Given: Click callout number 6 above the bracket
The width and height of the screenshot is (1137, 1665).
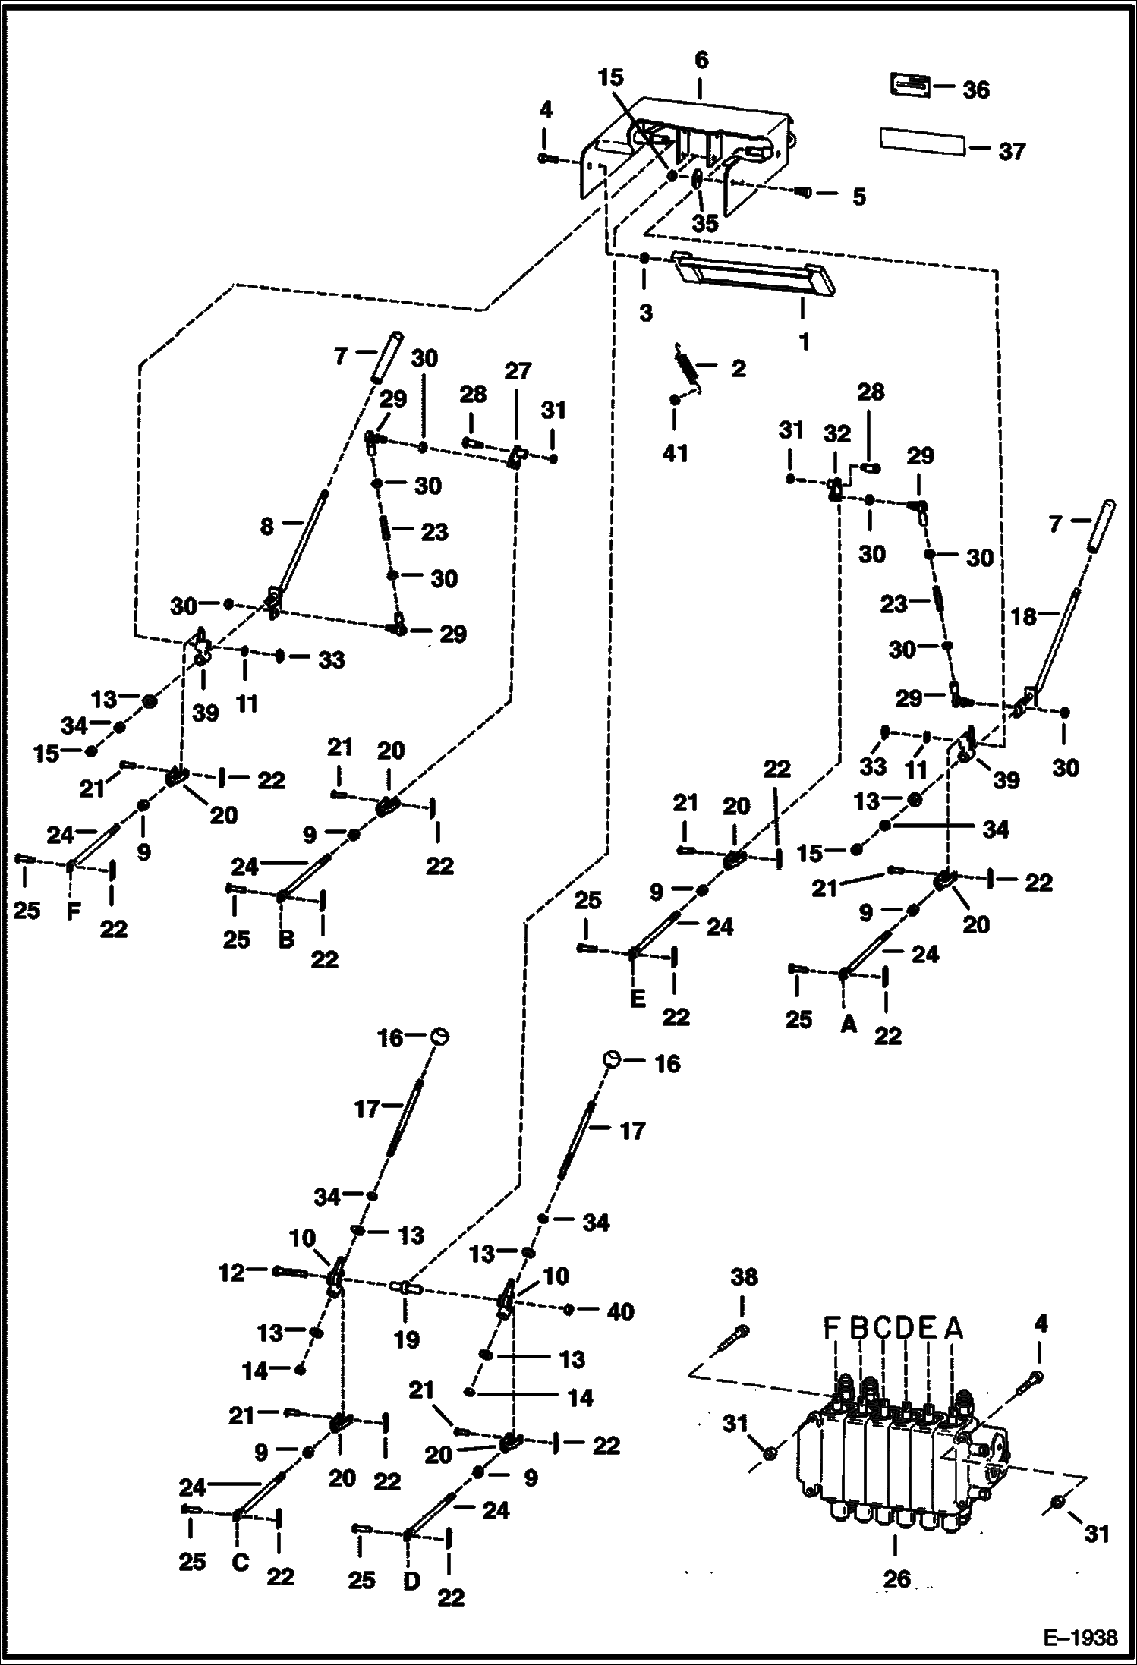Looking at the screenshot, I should pos(701,60).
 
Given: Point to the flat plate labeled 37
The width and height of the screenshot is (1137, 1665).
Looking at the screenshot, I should pos(922,141).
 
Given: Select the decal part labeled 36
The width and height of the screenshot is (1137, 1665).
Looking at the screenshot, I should pos(910,85).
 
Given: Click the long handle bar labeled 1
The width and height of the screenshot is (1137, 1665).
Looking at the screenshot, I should pos(754,275).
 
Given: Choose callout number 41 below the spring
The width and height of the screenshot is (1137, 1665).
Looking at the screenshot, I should pos(675,453).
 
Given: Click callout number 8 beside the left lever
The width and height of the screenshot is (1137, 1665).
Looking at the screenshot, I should pos(266,526).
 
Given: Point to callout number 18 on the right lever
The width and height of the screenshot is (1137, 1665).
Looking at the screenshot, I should pos(1023,616).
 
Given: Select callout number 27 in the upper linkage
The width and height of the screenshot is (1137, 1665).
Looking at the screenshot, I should pos(518,372).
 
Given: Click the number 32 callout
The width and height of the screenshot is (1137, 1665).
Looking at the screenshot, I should pos(837,434).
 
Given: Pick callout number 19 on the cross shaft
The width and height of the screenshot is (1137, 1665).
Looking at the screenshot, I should pos(407,1339).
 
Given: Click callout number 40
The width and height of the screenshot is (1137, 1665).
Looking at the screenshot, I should pos(621,1312).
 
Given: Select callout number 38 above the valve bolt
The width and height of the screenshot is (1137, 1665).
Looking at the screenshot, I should pos(743,1277).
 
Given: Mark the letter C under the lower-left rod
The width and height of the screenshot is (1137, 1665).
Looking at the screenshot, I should pos(240,1563).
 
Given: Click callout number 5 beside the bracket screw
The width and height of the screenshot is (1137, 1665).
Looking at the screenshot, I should pos(858,197).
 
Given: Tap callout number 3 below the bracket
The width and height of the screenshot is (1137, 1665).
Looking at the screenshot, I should pos(645,313).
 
